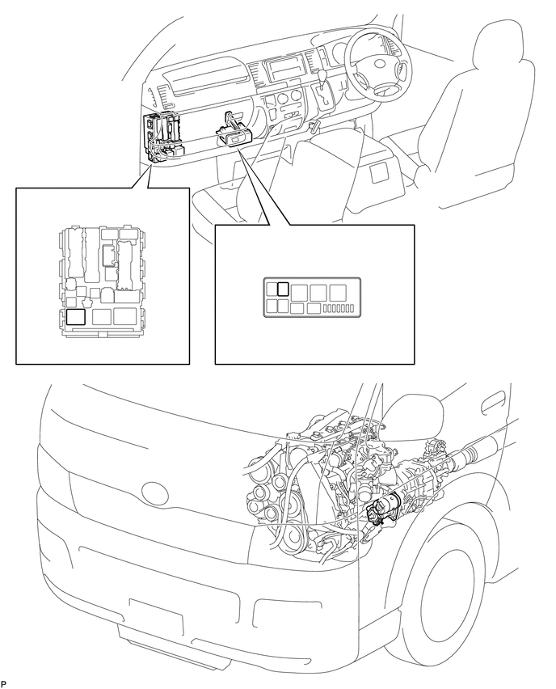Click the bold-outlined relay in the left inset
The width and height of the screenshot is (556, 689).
click(x=75, y=317)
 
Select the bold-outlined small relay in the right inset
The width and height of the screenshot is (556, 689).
click(x=283, y=290)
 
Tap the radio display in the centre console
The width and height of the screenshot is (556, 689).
click(x=284, y=69)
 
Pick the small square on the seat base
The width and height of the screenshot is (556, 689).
click(x=378, y=173)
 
